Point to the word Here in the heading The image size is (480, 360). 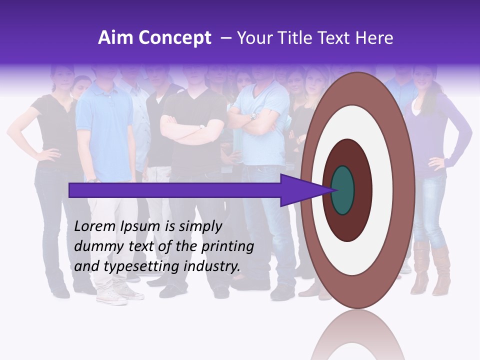coord(375,38)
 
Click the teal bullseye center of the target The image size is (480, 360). coord(343,190)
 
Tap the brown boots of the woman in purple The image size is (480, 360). coord(430,270)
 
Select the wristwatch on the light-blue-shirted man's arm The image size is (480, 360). coord(253,116)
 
